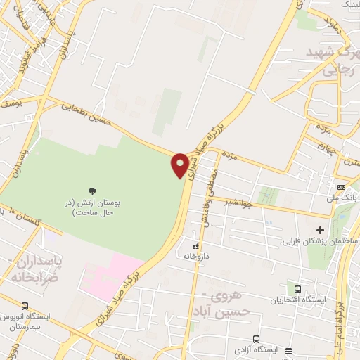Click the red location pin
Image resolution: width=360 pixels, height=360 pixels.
[x=181, y=164]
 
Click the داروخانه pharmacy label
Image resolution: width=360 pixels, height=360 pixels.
[x=198, y=257]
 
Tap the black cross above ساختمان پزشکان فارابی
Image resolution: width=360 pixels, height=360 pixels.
[x=320, y=229]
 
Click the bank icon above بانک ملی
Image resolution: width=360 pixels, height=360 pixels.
[x=341, y=188]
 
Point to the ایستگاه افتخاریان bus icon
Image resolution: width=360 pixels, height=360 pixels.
[x=297, y=289]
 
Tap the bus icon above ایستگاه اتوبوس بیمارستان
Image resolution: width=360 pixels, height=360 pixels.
[x=26, y=307]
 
